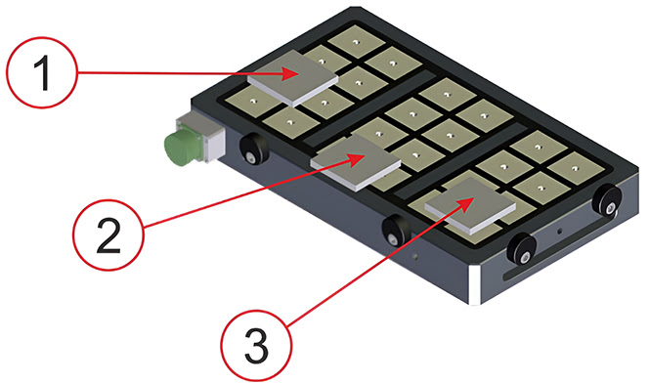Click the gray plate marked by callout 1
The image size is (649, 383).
[292, 78]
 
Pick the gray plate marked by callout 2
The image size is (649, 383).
[356, 162]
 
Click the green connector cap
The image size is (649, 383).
[180, 146]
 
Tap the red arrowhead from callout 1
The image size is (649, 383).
[291, 74]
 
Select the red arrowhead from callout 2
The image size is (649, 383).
[356, 159]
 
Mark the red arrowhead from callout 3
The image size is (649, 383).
[465, 204]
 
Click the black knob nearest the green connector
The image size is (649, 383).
[253, 149]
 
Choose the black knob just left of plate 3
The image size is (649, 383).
[396, 231]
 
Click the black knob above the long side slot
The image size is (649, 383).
[522, 248]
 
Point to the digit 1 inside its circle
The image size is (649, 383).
[43, 73]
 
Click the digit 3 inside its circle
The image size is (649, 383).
[257, 347]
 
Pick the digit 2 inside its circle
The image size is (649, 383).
[108, 235]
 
